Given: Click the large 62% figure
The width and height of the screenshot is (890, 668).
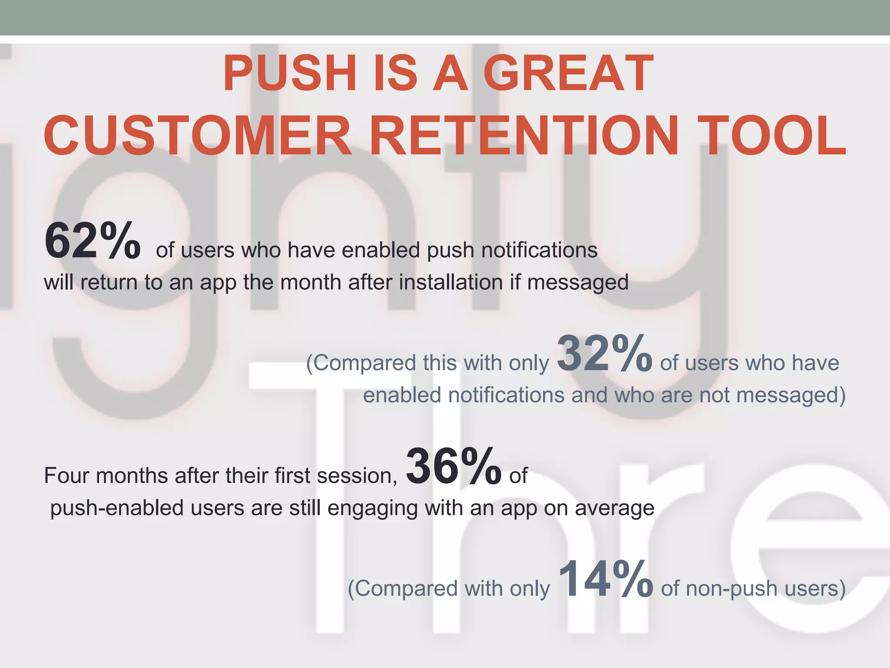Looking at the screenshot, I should [x=92, y=241].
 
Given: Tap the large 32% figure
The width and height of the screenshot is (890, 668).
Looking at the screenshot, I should [x=604, y=354].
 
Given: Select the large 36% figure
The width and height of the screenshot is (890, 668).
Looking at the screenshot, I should [x=454, y=467].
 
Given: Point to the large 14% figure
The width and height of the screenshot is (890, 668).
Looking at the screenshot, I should [x=605, y=579].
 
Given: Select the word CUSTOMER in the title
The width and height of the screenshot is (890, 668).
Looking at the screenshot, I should [x=198, y=135].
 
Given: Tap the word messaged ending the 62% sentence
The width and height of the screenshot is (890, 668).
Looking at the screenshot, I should [x=578, y=283].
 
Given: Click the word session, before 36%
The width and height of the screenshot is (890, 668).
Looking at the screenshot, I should [x=357, y=476].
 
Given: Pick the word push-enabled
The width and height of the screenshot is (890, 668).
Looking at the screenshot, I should [x=117, y=508].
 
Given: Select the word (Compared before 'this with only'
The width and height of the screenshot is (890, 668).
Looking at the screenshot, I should [x=361, y=363].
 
